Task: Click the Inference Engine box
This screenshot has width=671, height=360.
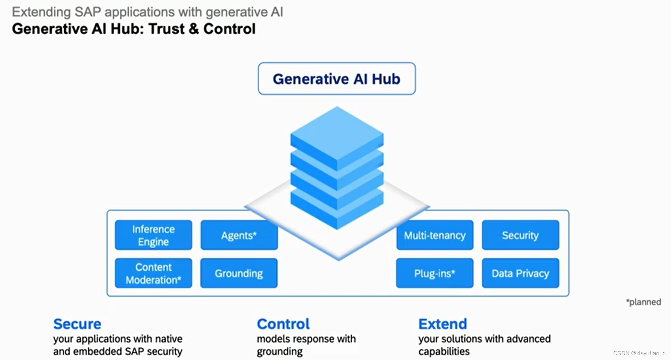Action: click(x=153, y=235)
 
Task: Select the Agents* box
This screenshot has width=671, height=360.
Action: click(x=239, y=235)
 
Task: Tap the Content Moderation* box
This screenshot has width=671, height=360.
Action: click(x=153, y=273)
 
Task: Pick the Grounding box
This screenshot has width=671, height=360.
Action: click(x=239, y=273)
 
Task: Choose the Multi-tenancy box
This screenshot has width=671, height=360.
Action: click(x=435, y=235)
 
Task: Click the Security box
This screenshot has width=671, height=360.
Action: click(x=520, y=235)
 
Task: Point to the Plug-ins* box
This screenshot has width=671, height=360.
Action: click(x=435, y=273)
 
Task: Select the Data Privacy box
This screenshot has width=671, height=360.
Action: click(x=520, y=273)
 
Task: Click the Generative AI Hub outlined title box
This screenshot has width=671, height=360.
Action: click(x=337, y=79)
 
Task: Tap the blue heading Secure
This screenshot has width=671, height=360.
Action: click(x=77, y=324)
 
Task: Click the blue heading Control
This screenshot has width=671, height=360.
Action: click(x=283, y=324)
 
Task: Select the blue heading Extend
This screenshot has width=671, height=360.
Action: click(x=443, y=324)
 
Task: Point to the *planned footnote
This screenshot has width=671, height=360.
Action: click(x=644, y=302)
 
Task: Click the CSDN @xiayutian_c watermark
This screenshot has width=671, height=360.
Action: click(x=639, y=353)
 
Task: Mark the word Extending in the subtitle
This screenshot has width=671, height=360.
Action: click(x=41, y=12)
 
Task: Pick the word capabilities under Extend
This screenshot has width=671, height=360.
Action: click(x=444, y=352)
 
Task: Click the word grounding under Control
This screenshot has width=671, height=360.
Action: click(x=280, y=352)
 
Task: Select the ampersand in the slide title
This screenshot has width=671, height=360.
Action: click(x=194, y=29)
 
